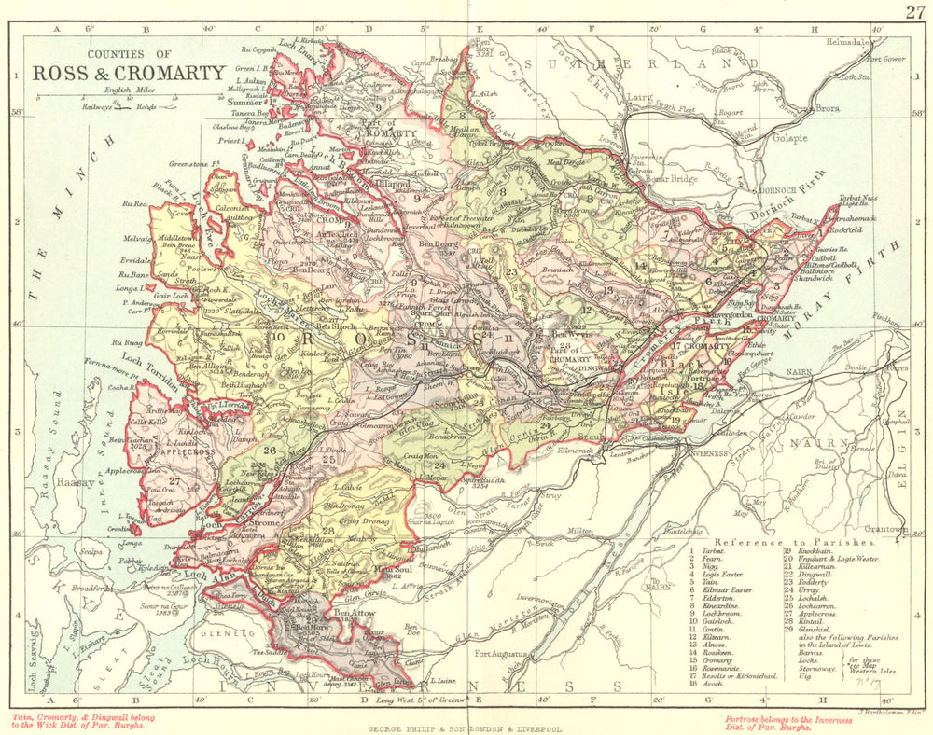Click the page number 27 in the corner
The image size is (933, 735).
913,11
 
